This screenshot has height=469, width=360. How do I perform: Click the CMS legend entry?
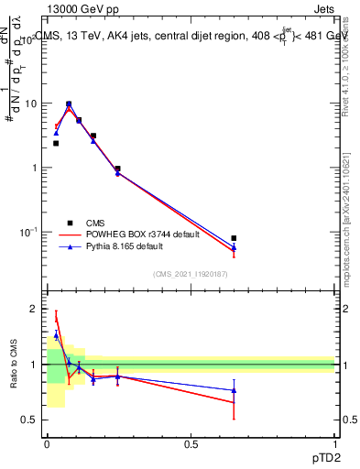point(94,222)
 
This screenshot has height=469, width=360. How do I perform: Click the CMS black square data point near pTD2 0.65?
point(235,238)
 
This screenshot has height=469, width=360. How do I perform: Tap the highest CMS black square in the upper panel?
point(69,104)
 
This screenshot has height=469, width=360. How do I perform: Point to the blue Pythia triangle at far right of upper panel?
point(235,247)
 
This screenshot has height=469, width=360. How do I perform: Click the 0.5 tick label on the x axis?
point(191,444)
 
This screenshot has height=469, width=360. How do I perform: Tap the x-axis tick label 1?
point(335,444)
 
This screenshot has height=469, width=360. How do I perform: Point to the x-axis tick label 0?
point(46,444)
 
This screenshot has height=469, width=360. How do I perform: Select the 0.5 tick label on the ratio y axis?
point(28,420)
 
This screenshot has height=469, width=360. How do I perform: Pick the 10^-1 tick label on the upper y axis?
point(27,232)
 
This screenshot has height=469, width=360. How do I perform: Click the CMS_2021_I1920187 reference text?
point(190,274)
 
